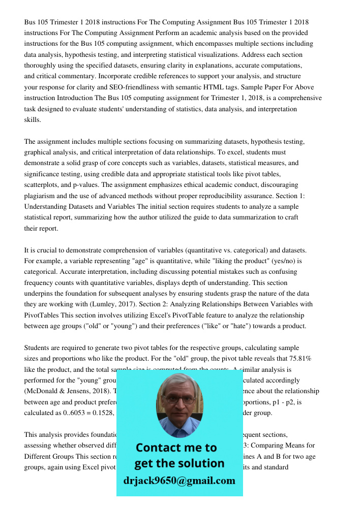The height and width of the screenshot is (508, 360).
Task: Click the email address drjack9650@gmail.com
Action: coord(179,481)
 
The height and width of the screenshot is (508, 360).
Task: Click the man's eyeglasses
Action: coord(179,399)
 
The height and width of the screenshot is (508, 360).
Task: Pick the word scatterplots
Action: coord(42,184)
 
